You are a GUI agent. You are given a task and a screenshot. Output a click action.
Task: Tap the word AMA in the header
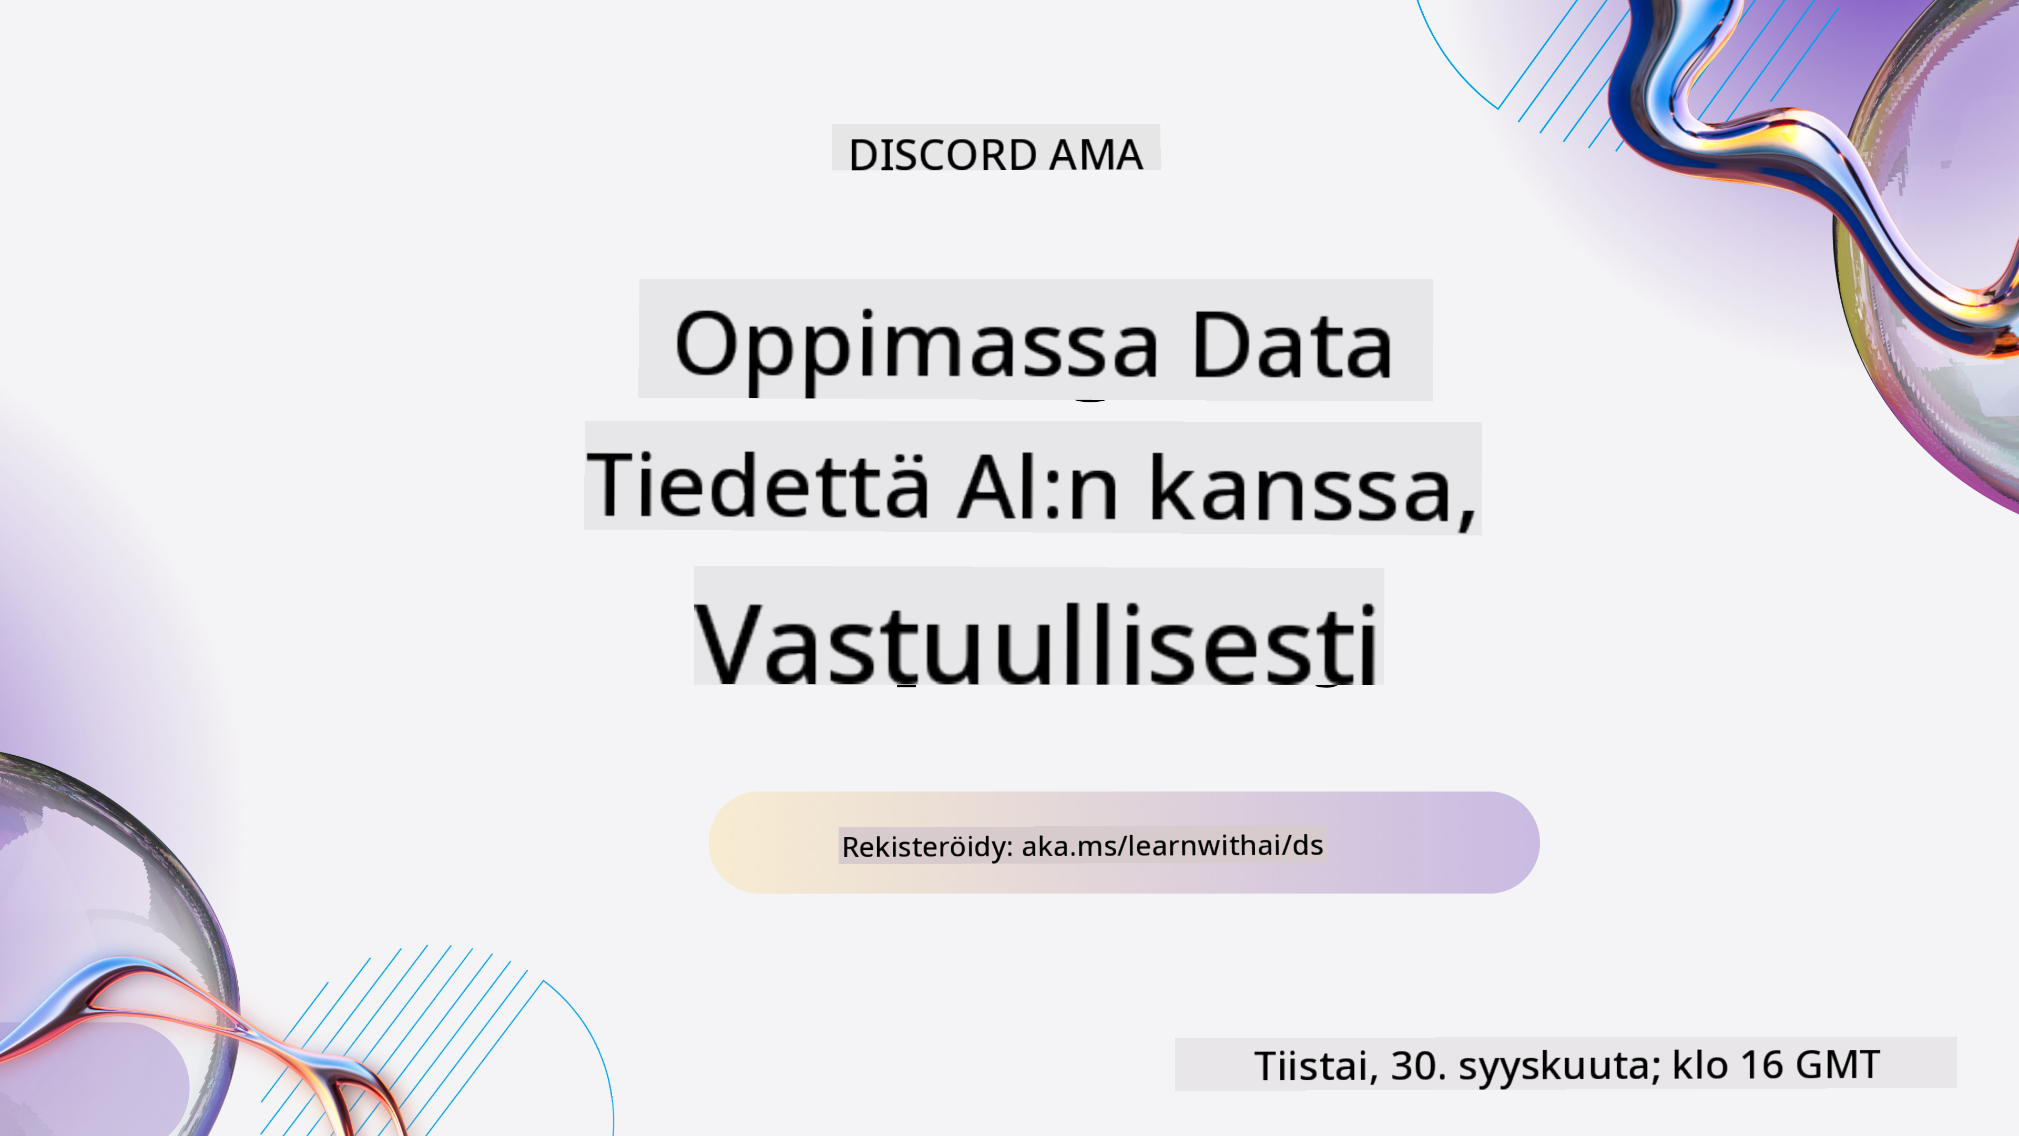point(1096,155)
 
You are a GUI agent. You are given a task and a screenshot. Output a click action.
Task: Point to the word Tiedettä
point(758,484)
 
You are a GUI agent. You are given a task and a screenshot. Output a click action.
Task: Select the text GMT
point(1837,1064)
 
